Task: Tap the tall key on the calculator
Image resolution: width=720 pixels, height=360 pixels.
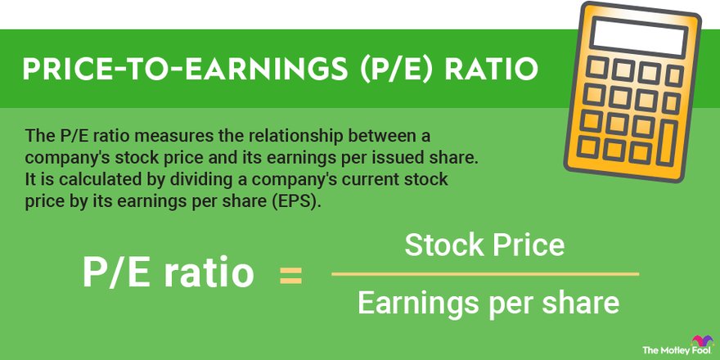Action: [668, 143]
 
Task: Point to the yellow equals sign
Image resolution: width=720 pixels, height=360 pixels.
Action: [290, 275]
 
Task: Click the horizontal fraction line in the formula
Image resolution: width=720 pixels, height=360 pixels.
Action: [485, 274]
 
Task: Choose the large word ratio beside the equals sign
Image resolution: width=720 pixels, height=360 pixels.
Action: [209, 273]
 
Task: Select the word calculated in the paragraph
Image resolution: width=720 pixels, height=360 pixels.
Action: [84, 179]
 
